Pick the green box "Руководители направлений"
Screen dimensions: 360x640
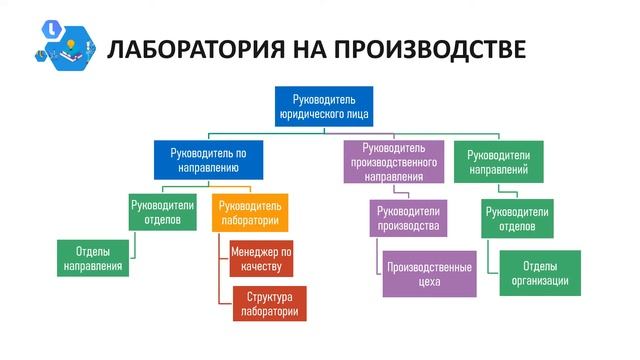tap(499, 162)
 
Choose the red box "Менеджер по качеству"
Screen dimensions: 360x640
tap(261, 258)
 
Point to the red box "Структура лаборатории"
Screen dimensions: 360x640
tap(268, 303)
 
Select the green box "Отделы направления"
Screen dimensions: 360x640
tap(93, 258)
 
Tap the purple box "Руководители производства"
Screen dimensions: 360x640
tap(409, 218)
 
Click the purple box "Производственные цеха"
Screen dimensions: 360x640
tap(429, 273)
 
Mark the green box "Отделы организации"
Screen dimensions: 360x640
tap(540, 273)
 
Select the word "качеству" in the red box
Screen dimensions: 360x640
tap(262, 266)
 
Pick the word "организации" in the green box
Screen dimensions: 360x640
tap(540, 281)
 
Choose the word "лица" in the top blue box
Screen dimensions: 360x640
tap(356, 115)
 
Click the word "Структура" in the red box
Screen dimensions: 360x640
tap(268, 296)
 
